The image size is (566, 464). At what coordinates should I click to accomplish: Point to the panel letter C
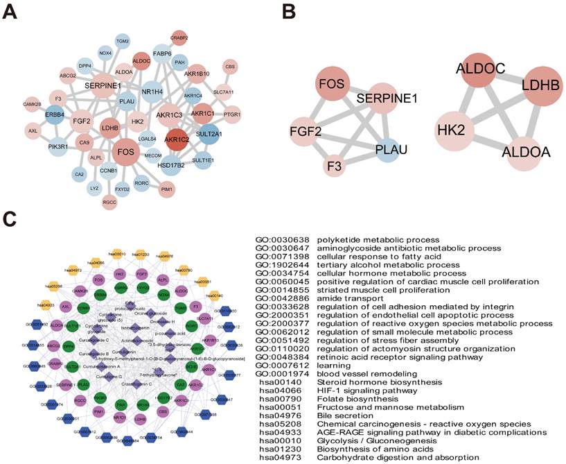9,221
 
